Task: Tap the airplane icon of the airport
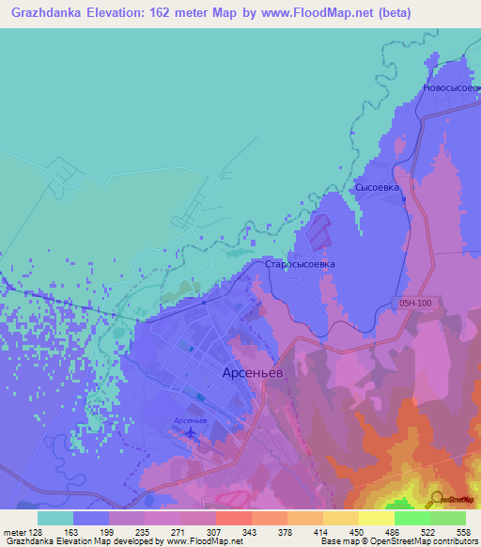[x=193, y=432]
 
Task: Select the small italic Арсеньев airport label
[x=191, y=420]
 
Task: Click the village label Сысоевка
[x=378, y=188]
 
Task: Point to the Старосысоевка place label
[x=299, y=265]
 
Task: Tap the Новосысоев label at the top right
[x=451, y=87]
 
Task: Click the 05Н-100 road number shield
[x=414, y=302]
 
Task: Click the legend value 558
[x=464, y=531]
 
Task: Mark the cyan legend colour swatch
[x=55, y=518]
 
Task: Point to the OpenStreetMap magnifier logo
[x=436, y=498]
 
